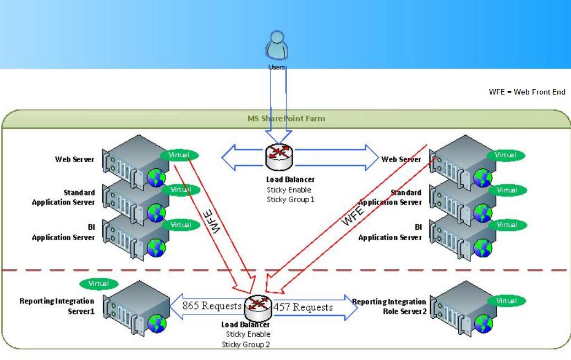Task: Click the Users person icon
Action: point(277,45)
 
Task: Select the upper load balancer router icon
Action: point(279,157)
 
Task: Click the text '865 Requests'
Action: point(212,306)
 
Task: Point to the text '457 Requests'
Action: point(303,307)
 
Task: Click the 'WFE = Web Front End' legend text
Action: point(527,92)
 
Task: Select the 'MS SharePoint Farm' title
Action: point(285,118)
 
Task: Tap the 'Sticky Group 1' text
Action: point(290,200)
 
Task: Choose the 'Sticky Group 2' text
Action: point(246,345)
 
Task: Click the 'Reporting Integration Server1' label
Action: point(57,306)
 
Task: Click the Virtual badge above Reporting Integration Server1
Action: point(98,284)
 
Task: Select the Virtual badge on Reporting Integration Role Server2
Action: point(506,301)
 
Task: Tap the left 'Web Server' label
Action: point(74,159)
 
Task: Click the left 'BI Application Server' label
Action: point(63,232)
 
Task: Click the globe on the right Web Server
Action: point(483,178)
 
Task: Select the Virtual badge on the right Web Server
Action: point(506,155)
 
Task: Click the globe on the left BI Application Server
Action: point(157,248)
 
